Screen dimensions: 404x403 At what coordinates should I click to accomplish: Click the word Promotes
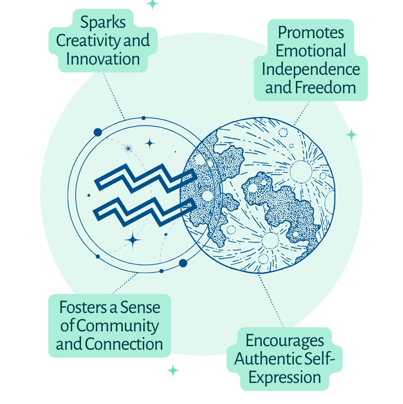[x=311, y=33]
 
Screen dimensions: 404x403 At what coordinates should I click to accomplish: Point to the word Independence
[x=311, y=69]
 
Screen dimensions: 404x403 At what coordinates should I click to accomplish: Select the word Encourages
[x=285, y=341]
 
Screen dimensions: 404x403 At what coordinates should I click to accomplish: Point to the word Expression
[x=285, y=377]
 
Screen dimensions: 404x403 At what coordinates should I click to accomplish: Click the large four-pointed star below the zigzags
[x=133, y=240]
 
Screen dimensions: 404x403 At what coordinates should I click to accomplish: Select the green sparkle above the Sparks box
[x=153, y=4]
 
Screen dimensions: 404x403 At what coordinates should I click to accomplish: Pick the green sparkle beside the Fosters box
[x=173, y=370]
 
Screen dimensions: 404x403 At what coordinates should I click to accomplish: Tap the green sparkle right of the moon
[x=352, y=134]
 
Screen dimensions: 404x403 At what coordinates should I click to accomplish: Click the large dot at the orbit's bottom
[x=183, y=263]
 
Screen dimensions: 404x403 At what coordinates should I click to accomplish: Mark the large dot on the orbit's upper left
[x=98, y=132]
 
